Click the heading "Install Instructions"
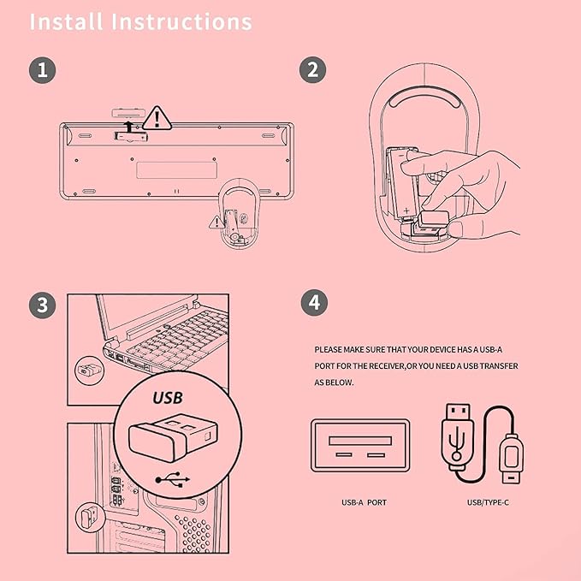(x=141, y=21)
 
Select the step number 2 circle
(x=312, y=69)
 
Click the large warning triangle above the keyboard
(x=157, y=117)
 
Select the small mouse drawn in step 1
(x=239, y=215)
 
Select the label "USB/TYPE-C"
(x=488, y=502)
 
